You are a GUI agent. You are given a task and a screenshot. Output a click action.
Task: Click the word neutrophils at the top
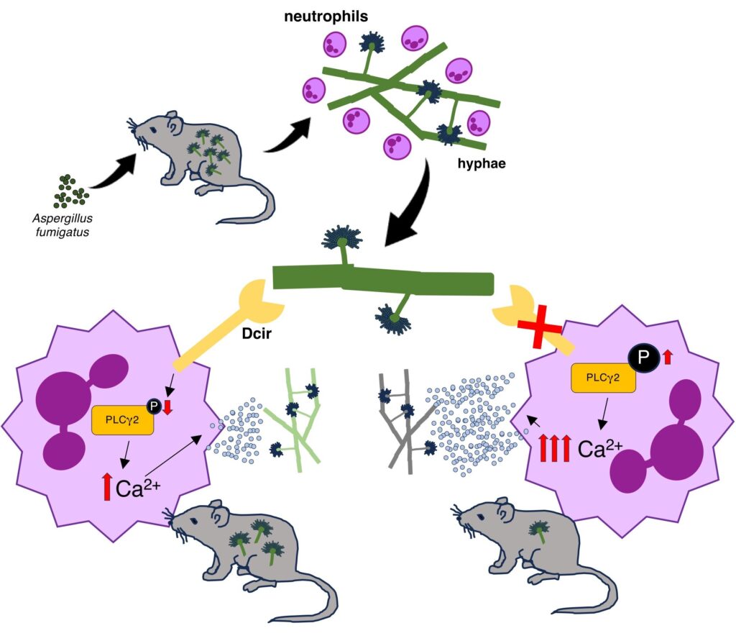click(326, 17)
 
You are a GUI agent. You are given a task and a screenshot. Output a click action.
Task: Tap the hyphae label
click(482, 163)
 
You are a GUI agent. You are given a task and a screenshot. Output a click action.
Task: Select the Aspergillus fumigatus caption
click(63, 225)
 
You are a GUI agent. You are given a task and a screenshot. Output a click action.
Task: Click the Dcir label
click(257, 334)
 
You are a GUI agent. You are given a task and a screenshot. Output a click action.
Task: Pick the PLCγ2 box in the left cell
click(122, 419)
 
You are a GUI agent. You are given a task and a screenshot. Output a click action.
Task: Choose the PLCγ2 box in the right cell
click(603, 378)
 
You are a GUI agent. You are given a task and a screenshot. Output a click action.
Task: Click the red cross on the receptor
click(540, 327)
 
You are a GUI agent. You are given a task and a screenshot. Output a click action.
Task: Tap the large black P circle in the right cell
click(643, 358)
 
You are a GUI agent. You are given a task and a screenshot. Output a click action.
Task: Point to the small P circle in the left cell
click(154, 406)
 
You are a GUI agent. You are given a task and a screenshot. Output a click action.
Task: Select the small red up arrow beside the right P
click(668, 358)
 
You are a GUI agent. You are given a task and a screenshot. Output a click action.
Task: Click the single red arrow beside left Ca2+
click(107, 486)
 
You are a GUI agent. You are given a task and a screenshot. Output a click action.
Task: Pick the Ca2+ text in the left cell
click(138, 487)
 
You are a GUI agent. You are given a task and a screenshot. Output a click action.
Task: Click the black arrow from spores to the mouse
click(114, 171)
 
